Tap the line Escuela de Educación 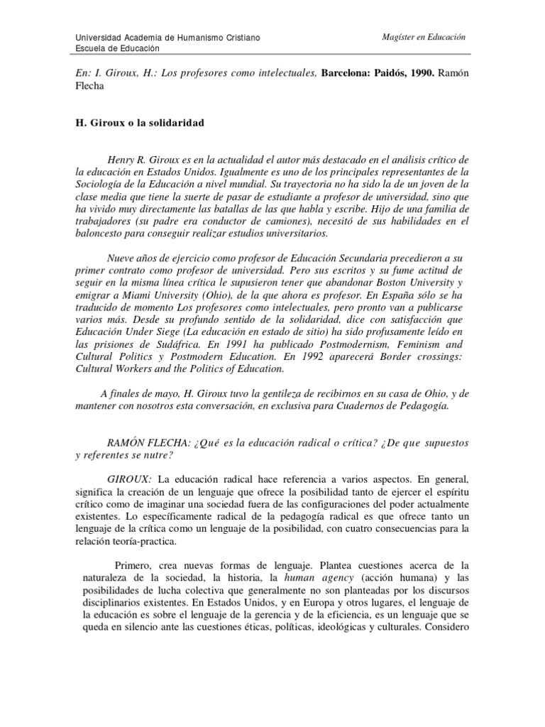(x=117, y=48)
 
